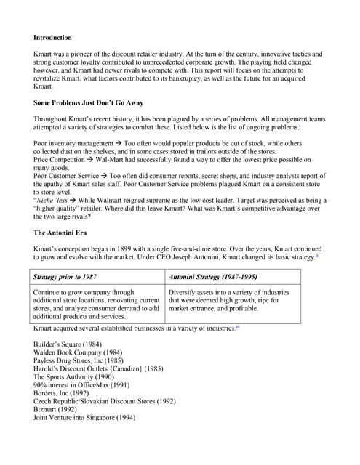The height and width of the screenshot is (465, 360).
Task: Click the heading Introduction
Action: (x=52, y=36)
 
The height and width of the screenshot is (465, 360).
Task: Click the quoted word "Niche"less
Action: (x=52, y=199)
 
